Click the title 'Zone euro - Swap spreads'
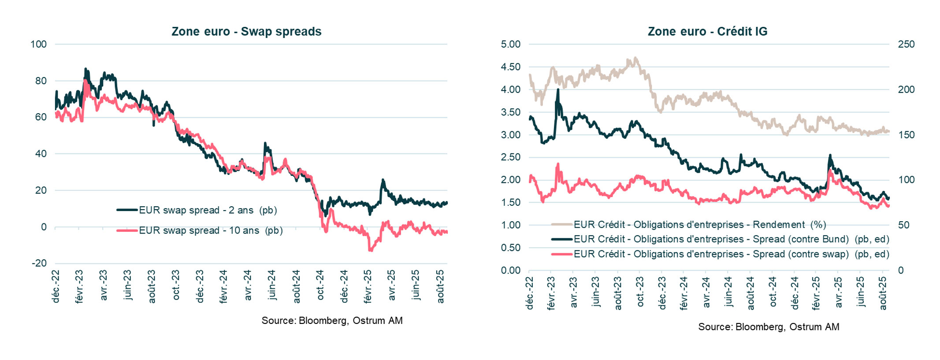pyautogui.click(x=246, y=32)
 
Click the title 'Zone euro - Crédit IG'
pyautogui.click(x=707, y=32)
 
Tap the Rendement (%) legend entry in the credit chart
pyautogui.click(x=699, y=225)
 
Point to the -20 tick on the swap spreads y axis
pyautogui.click(x=39, y=263)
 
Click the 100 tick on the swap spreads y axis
pyautogui.click(x=38, y=44)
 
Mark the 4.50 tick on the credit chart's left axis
pyautogui.click(x=510, y=67)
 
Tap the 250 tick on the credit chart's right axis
pyautogui.click(x=906, y=44)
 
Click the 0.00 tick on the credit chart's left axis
pyautogui.click(x=510, y=270)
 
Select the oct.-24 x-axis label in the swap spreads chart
pyautogui.click(x=320, y=285)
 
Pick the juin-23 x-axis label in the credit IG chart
pyautogui.click(x=595, y=291)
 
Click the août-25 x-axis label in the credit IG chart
pyautogui.click(x=883, y=293)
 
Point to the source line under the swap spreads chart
pyautogui.click(x=332, y=320)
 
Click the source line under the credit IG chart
pyautogui.click(x=768, y=327)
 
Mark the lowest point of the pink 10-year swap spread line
pyautogui.click(x=370, y=250)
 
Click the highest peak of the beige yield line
pyautogui.click(x=635, y=58)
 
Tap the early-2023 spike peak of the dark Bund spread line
pyautogui.click(x=558, y=89)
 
